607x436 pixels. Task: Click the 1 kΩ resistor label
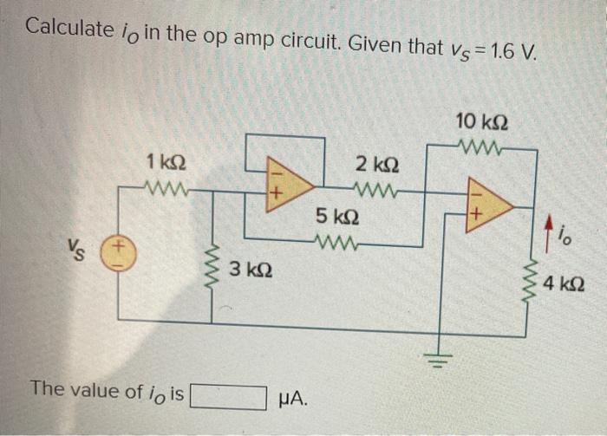click(x=164, y=162)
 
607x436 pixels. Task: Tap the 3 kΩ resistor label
click(x=251, y=270)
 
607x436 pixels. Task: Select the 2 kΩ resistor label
click(x=376, y=164)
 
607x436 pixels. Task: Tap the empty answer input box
click(x=228, y=396)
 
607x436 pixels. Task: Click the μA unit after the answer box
click(x=291, y=397)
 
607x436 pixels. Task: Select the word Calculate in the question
click(x=68, y=29)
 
